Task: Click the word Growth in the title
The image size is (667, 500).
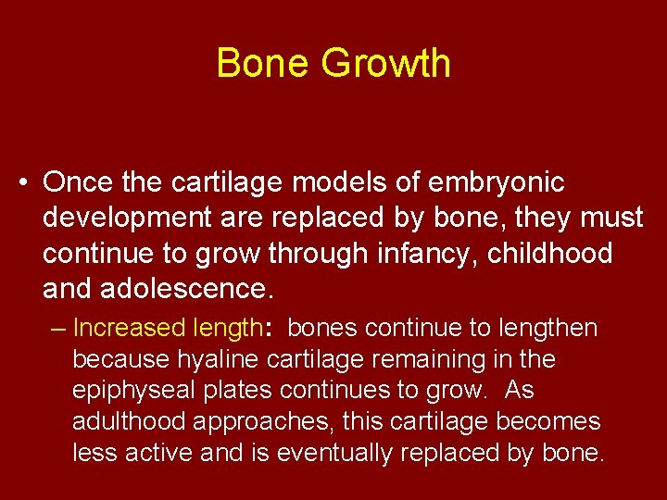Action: [386, 64]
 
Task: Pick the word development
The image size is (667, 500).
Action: [124, 219]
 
